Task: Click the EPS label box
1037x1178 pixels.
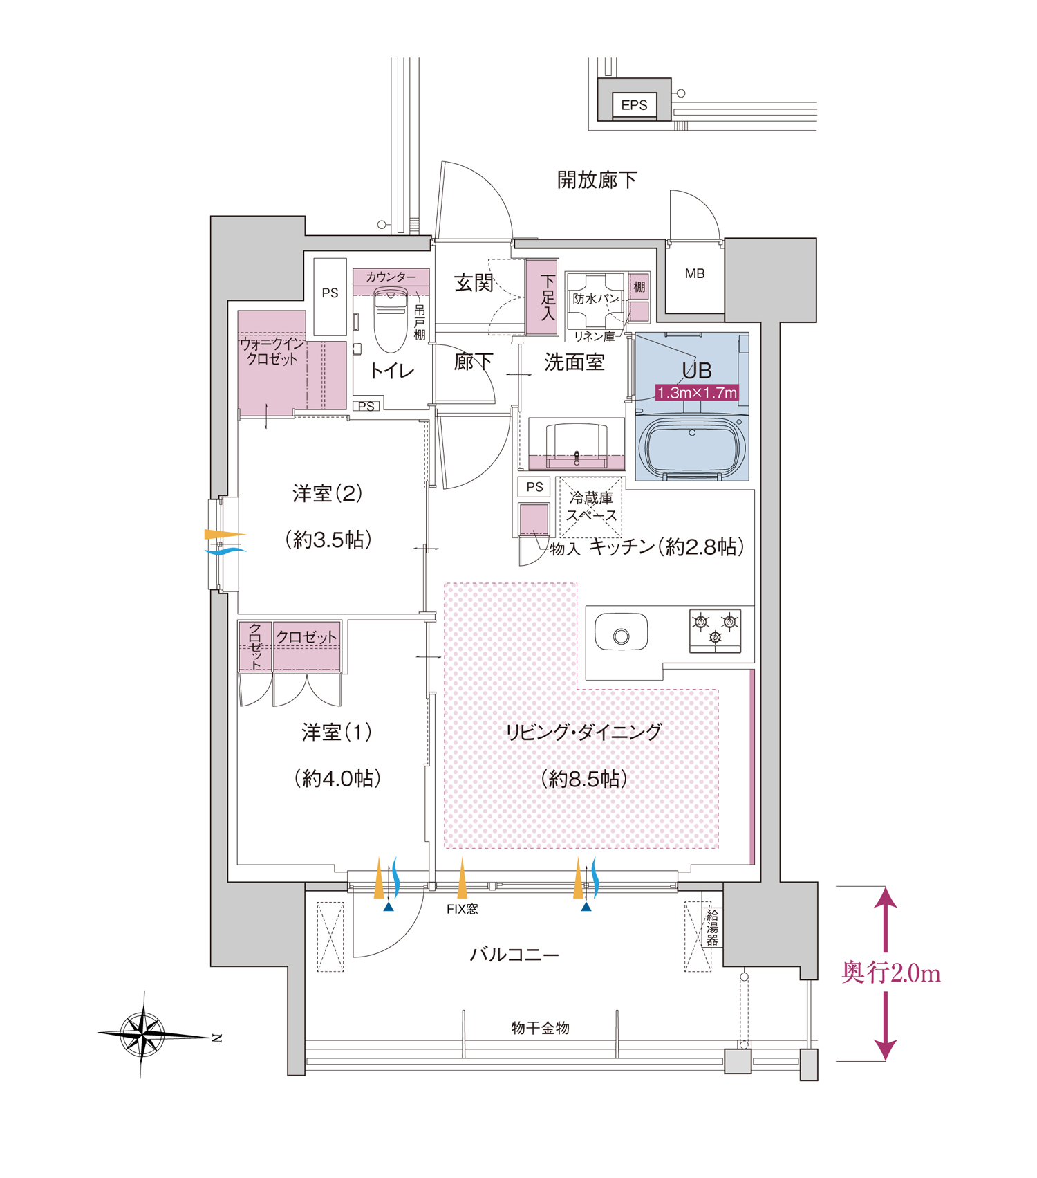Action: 634,105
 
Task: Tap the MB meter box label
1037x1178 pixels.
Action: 695,274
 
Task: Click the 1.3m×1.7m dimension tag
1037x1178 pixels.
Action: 697,393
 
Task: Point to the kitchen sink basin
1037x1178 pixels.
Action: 621,632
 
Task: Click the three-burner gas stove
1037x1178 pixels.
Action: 715,630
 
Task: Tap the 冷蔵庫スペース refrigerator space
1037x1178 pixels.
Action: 591,507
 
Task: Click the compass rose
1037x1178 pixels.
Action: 143,1034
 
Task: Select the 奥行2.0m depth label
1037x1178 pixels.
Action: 890,973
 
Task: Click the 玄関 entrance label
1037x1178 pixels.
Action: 474,282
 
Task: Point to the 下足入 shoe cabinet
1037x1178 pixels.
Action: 541,297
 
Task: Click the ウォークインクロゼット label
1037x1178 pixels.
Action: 272,351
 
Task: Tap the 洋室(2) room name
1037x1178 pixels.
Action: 328,494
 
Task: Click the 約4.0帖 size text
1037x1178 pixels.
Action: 338,779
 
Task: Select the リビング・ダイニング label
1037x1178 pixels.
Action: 583,732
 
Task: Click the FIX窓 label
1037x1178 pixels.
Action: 462,909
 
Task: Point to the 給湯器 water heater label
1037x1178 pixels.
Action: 712,928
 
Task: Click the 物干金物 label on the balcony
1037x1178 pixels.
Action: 540,1028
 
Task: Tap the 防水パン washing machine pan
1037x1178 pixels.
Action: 595,300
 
